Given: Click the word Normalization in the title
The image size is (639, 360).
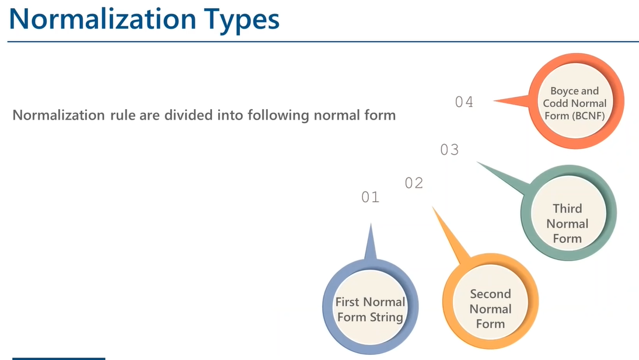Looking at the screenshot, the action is coord(103,19).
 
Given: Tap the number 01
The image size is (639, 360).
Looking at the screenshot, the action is coord(371,197).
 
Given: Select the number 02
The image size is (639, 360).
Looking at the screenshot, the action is coord(414,183).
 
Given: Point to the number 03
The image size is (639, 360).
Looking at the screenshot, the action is coord(449,150).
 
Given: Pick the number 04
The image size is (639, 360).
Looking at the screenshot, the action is coord(464,102).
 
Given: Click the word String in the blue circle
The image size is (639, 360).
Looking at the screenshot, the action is coord(386,317).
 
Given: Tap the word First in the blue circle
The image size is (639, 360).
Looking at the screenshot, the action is coord(347,302).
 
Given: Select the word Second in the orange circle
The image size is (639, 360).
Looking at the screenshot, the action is coord(490,293).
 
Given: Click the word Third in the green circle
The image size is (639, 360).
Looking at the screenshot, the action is coord(567,208).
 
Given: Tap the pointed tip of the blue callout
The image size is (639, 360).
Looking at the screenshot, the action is coord(371,223).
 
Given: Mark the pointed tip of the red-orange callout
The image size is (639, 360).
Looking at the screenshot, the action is coord(494,100).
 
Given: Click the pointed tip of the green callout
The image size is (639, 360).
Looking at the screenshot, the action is coord(477,162).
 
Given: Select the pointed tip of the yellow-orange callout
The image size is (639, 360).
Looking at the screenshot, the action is coord(433,207).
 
